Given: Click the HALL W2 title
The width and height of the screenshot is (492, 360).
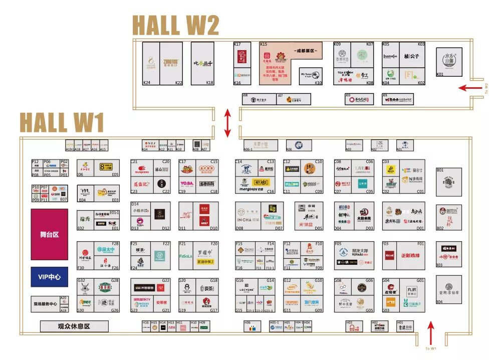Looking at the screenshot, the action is [x=176, y=25].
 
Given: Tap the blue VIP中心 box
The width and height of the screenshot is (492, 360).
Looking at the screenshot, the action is [x=49, y=277].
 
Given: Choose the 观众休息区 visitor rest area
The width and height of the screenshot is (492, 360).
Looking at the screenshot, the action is [x=74, y=326].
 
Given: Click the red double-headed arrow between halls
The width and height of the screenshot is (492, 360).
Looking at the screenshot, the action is [x=227, y=123].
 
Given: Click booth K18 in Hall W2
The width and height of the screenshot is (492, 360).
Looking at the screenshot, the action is [x=202, y=63].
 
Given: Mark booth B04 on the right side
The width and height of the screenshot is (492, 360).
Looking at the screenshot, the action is [x=449, y=289].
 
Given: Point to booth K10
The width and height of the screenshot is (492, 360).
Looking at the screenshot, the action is [x=311, y=76].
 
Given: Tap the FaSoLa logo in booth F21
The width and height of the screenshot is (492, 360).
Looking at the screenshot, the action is [x=186, y=256].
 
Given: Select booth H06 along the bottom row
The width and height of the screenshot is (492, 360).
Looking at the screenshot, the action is [x=253, y=326].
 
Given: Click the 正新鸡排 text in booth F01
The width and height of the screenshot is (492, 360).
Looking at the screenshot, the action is [x=412, y=255].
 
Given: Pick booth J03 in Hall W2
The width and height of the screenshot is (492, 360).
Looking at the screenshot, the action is [x=359, y=99].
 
